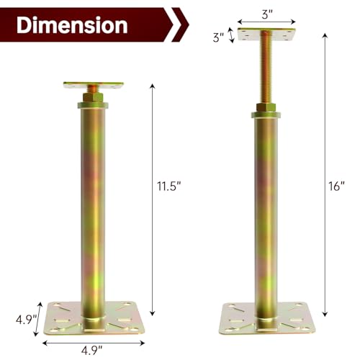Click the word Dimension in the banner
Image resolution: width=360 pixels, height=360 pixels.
[x=72, y=25]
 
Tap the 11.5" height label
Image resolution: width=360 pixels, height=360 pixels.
[x=168, y=186]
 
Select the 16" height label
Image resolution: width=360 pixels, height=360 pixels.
[x=336, y=186]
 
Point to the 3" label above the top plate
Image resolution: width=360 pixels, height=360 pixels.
[x=267, y=14]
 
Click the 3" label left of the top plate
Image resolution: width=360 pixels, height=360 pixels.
[x=218, y=37]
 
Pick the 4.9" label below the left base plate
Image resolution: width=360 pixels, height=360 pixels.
[x=92, y=351]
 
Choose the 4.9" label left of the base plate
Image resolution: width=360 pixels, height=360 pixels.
[x=26, y=320]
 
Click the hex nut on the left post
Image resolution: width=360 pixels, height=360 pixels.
[x=93, y=97]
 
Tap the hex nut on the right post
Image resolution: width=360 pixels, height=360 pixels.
[x=266, y=107]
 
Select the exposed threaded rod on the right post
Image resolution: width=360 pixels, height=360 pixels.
[x=266, y=66]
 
